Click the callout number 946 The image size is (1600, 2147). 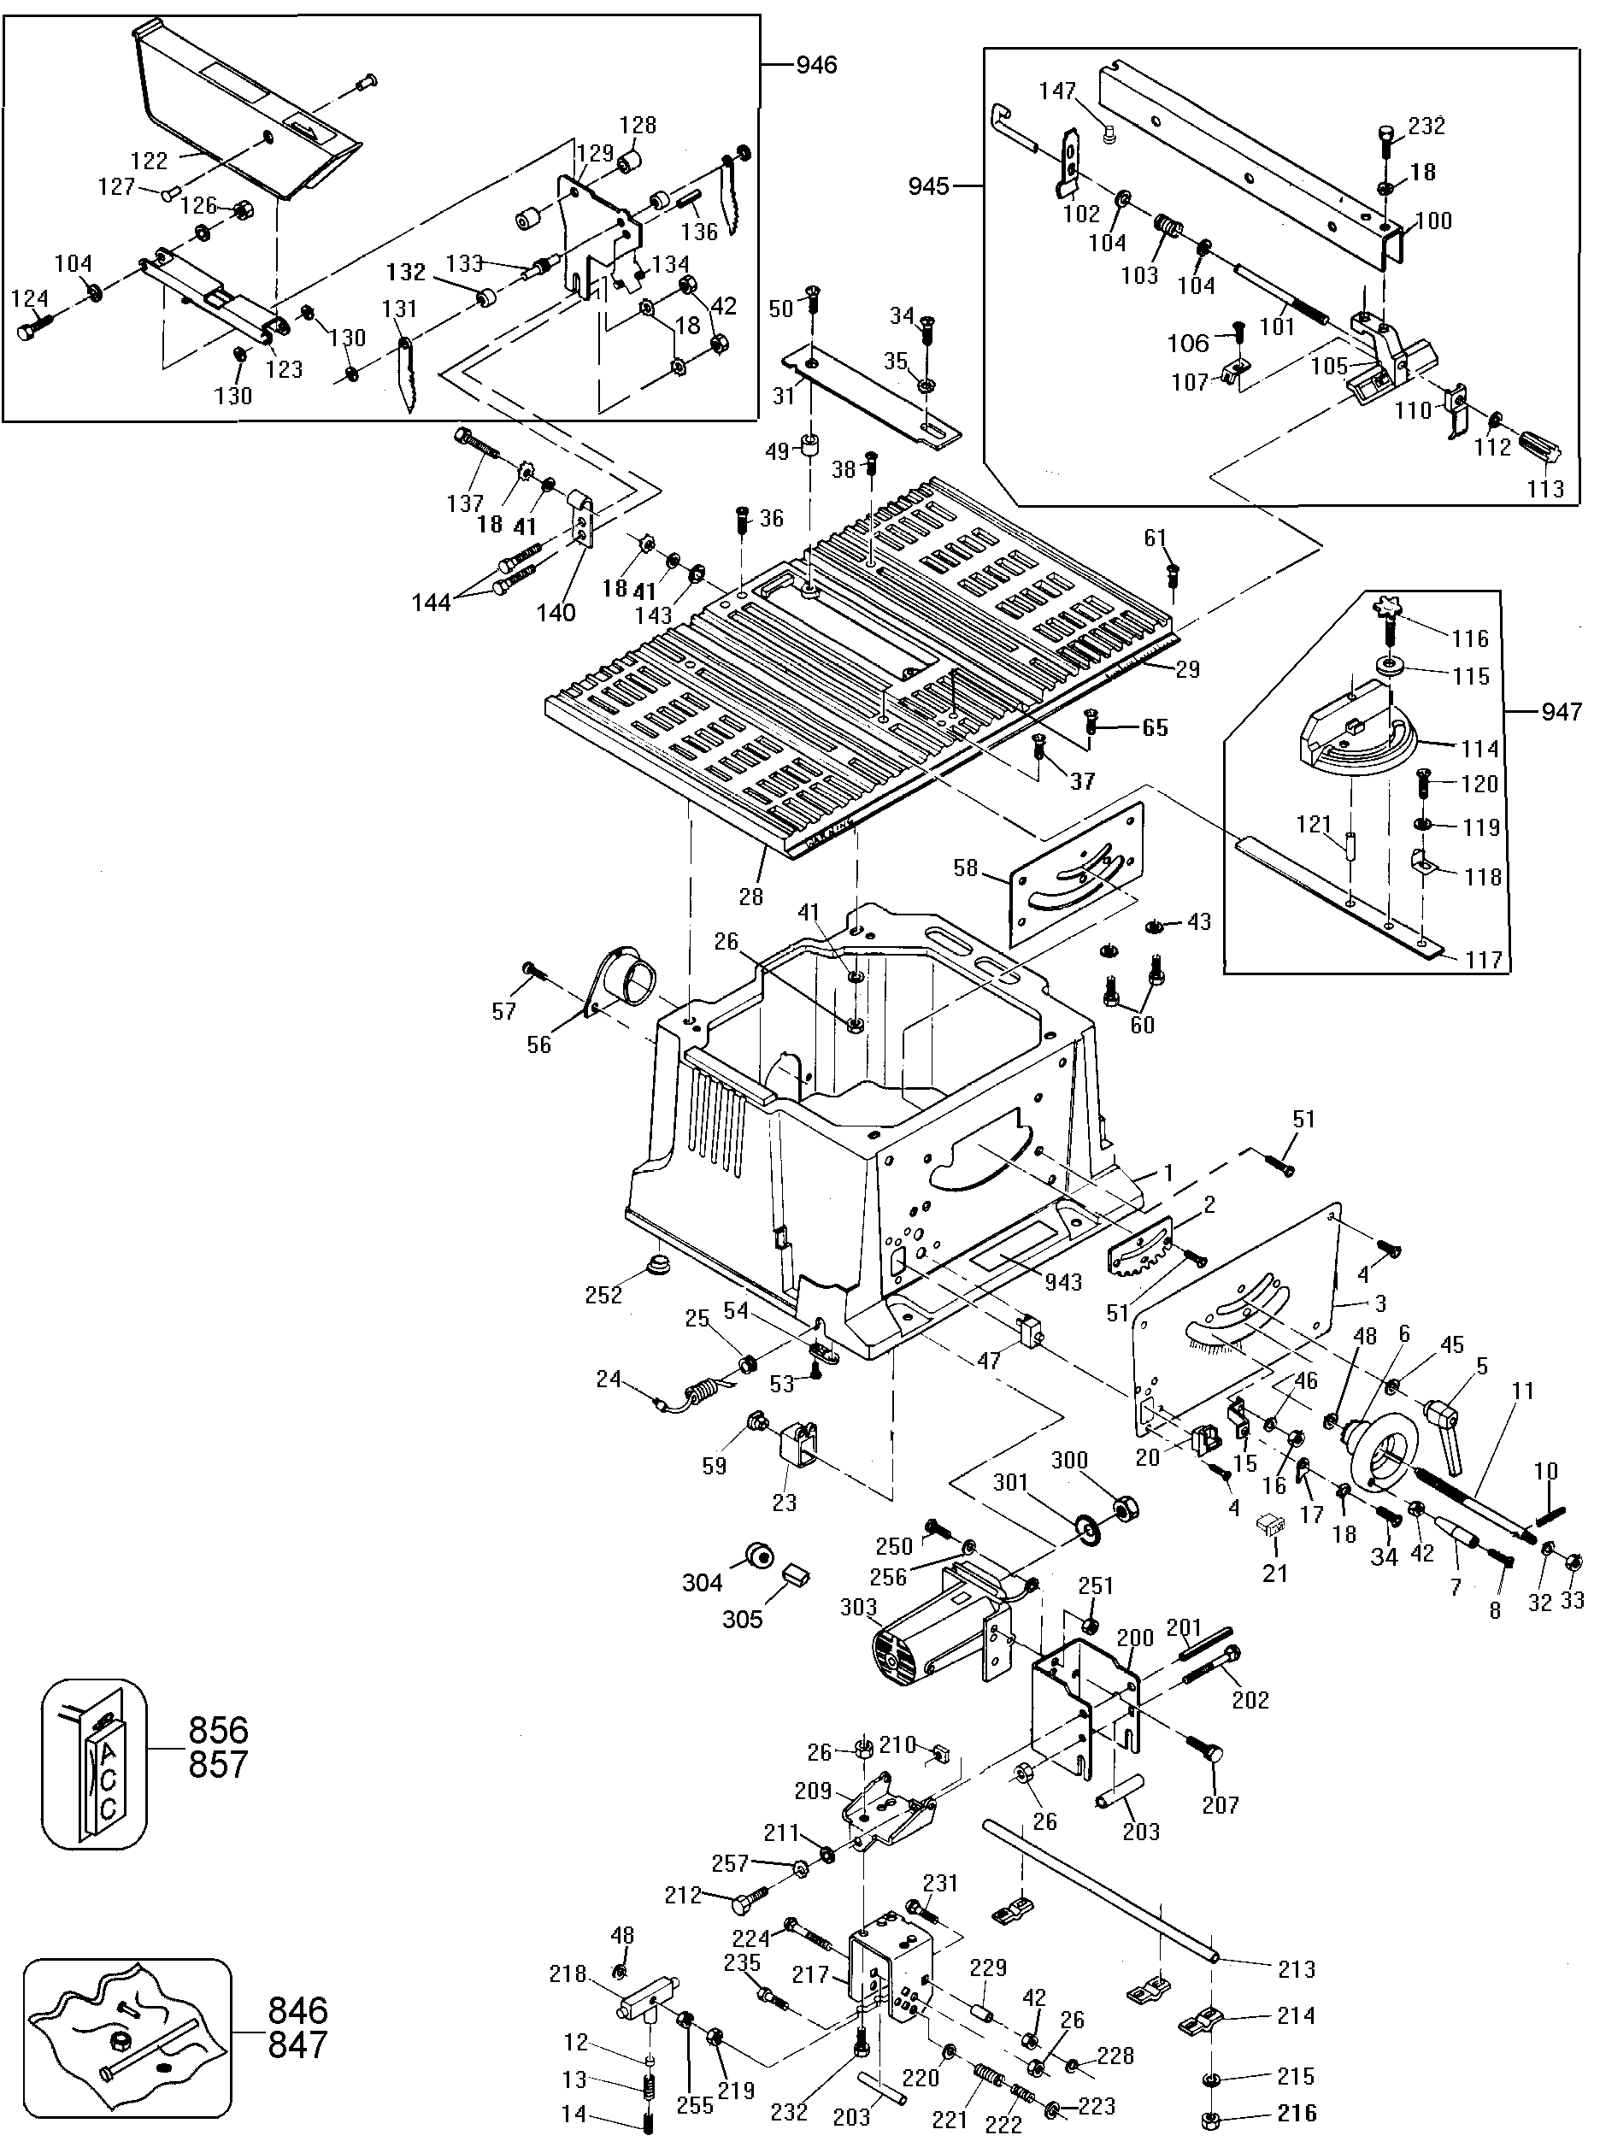(x=815, y=65)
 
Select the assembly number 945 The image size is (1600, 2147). (x=929, y=186)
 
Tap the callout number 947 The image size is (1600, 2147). (x=1562, y=713)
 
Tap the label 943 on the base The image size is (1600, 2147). (x=1062, y=1282)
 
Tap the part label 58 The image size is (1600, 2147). (x=966, y=868)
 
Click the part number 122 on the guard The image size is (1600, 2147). (x=150, y=160)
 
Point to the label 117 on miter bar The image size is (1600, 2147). (x=1484, y=960)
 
